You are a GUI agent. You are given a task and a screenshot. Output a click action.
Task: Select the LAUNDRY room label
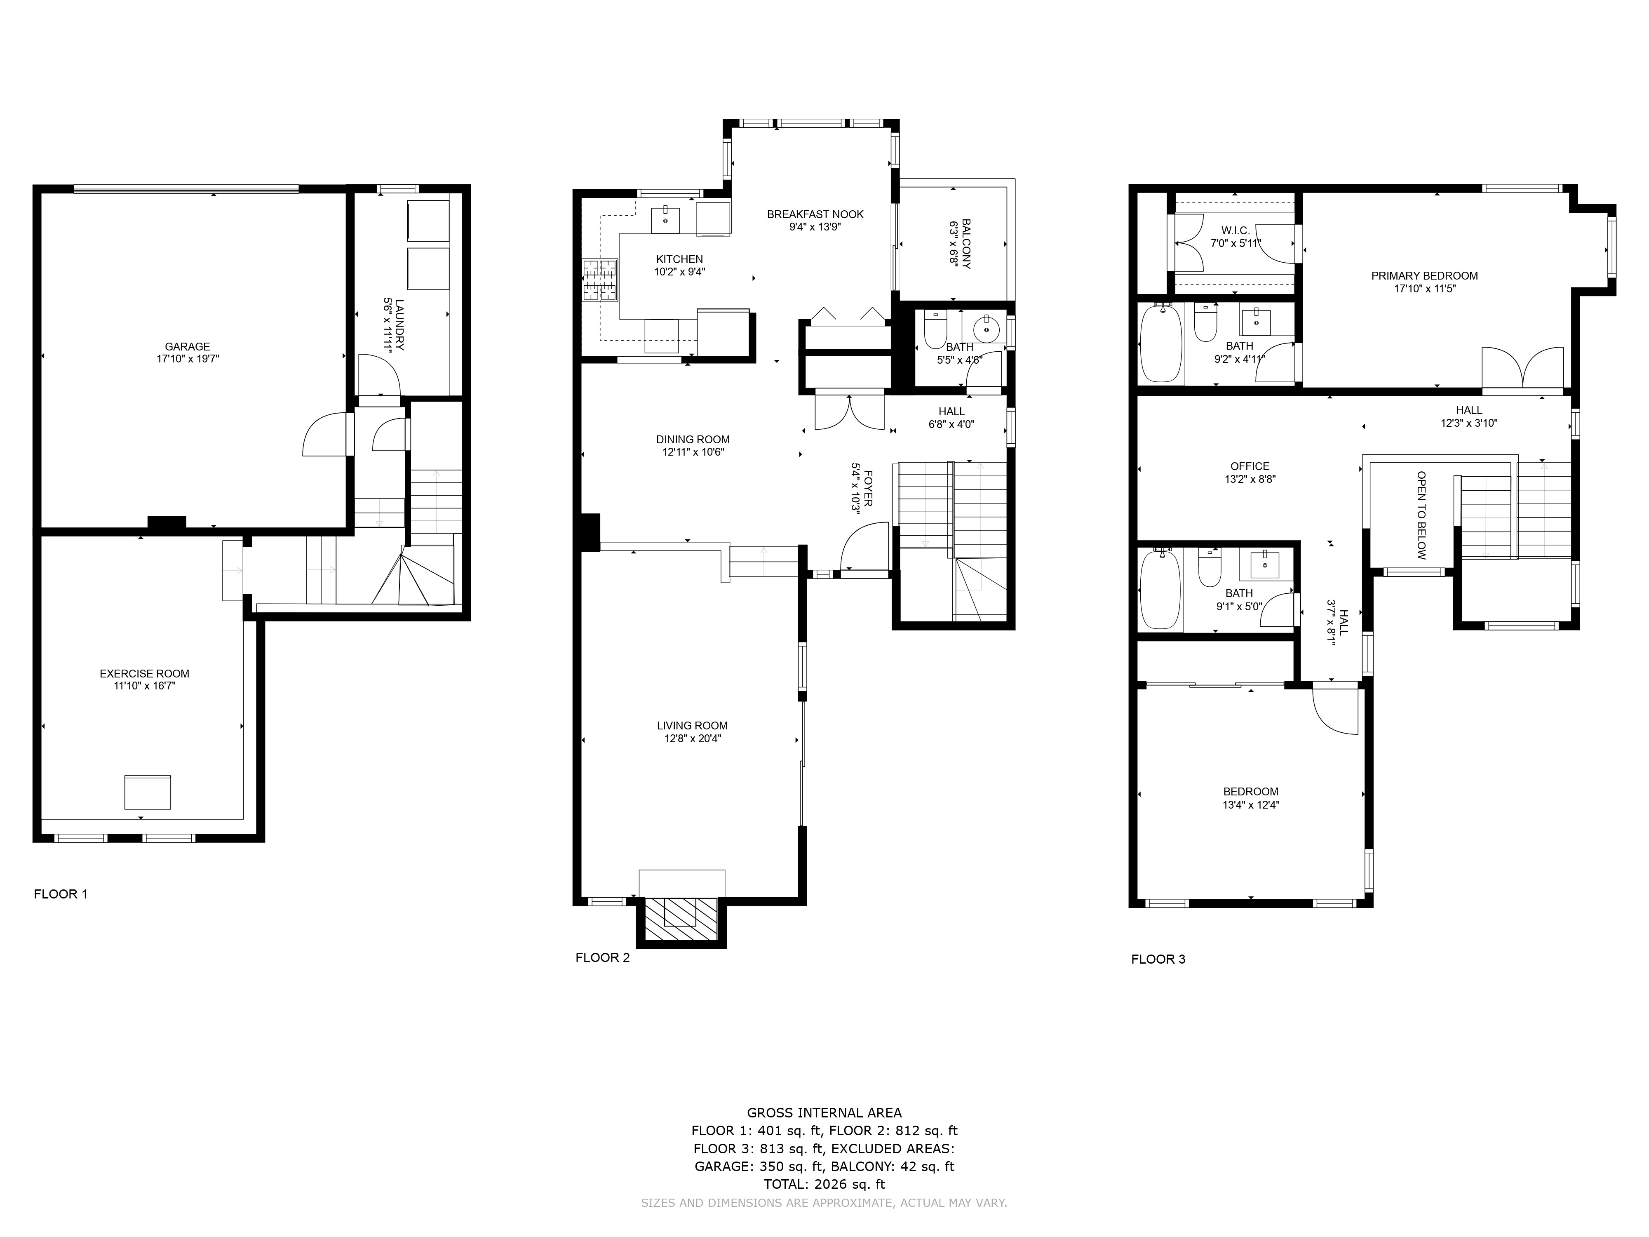399,325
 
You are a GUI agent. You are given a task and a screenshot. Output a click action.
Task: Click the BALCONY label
966,243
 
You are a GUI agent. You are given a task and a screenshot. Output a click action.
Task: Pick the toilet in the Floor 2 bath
935,329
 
